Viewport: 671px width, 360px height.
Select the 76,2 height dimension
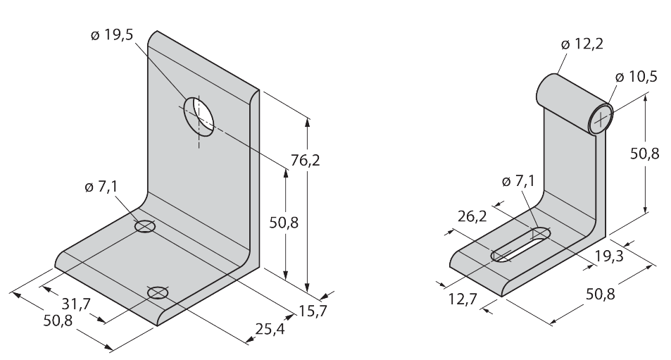pyautogui.click(x=305, y=161)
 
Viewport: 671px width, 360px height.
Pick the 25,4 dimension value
pyautogui.click(x=270, y=328)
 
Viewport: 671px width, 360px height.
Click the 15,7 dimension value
pyautogui.click(x=313, y=311)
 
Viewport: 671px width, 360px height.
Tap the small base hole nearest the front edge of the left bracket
pyautogui.click(x=158, y=292)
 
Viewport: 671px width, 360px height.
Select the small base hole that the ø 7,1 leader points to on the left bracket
pyautogui.click(x=145, y=227)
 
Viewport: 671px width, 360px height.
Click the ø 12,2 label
pyautogui.click(x=582, y=44)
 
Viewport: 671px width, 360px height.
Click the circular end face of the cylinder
pyautogui.click(x=601, y=118)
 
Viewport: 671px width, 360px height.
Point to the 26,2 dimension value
pyautogui.click(x=472, y=216)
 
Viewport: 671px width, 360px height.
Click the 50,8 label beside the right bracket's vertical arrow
pyautogui.click(x=644, y=154)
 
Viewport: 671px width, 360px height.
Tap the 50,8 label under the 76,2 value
pyautogui.click(x=284, y=223)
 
